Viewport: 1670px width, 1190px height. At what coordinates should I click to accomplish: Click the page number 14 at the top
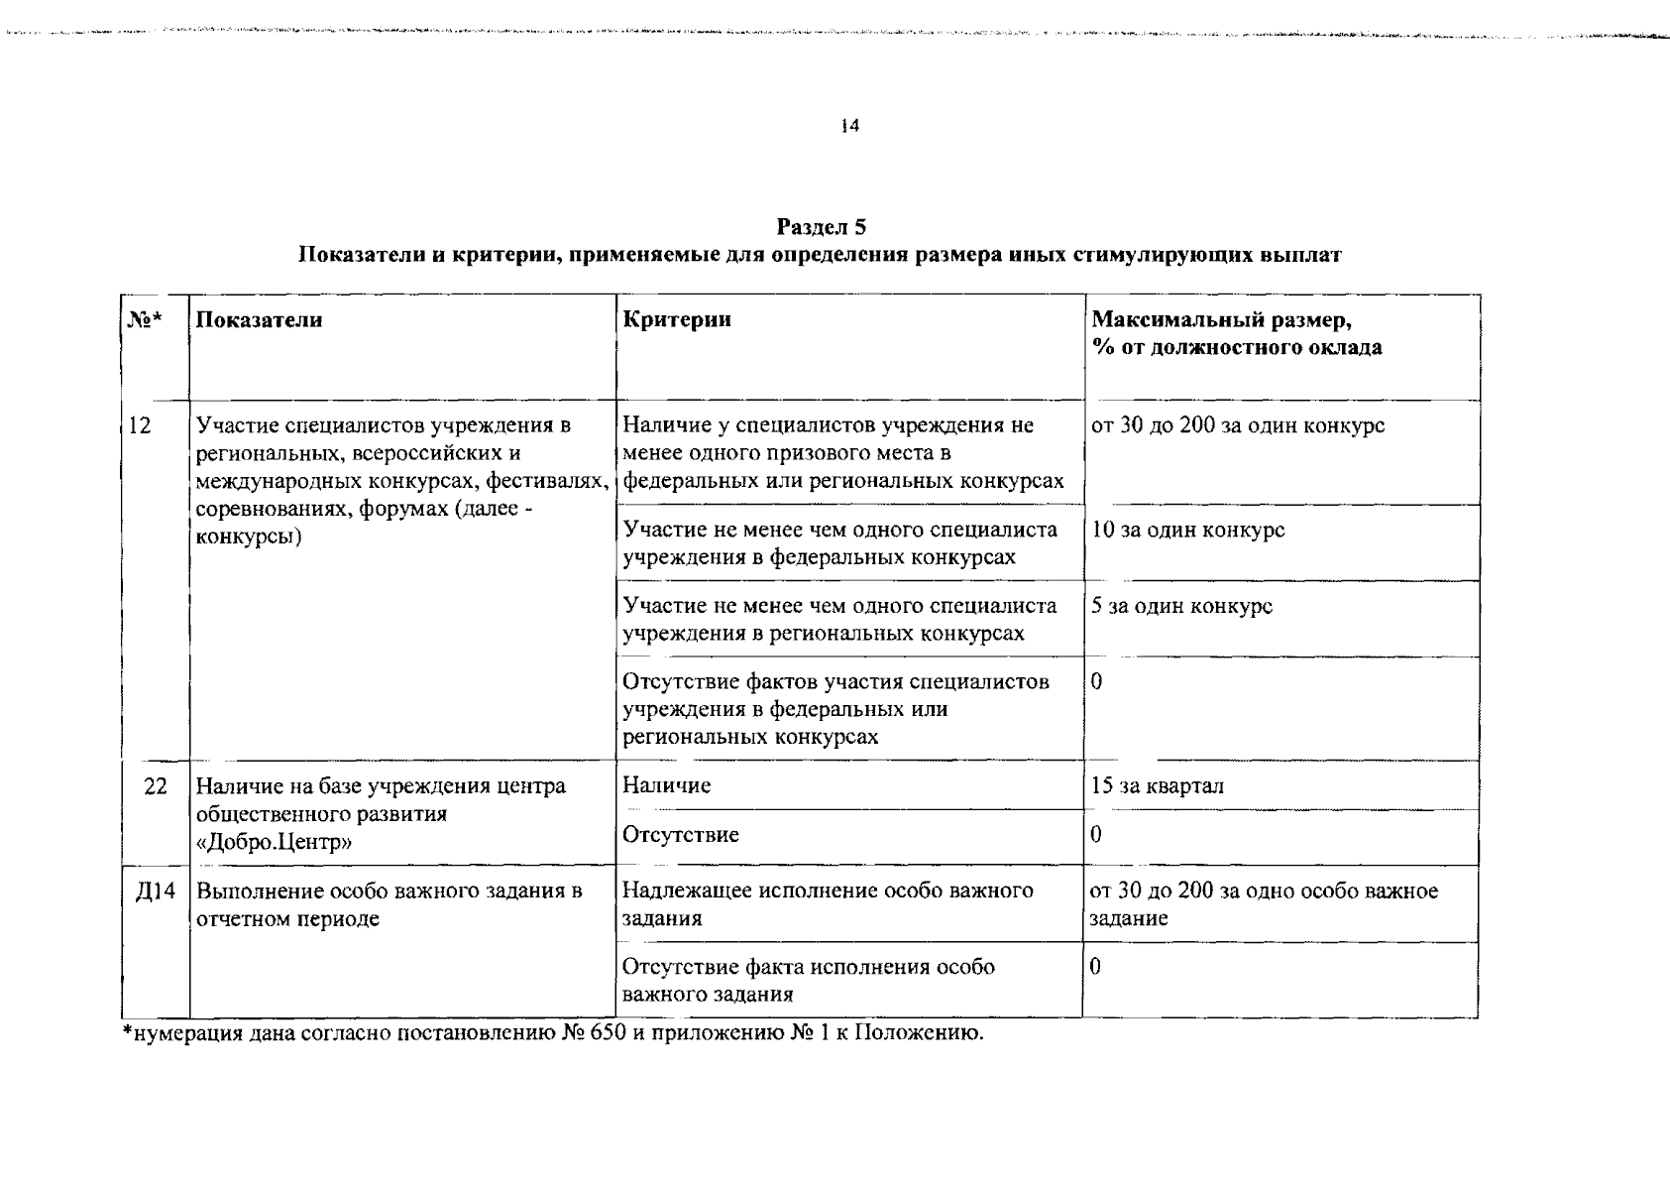(849, 126)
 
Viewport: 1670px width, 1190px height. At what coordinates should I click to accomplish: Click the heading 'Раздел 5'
(822, 227)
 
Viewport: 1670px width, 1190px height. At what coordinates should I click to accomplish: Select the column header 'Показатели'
(259, 319)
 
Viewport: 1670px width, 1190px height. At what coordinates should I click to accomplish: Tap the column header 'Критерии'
(677, 319)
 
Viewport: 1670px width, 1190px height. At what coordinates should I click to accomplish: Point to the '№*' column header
(144, 319)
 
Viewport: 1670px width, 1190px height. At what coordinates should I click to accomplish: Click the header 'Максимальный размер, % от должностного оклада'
(1236, 333)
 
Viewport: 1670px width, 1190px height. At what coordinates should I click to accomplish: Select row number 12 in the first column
(140, 425)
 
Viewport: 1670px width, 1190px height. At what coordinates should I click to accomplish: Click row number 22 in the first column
(156, 786)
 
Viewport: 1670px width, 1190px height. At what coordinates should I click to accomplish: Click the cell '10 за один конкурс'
(1187, 530)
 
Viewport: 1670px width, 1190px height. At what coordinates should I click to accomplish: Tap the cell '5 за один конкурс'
(1181, 606)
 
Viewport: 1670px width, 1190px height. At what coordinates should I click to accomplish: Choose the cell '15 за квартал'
(1157, 786)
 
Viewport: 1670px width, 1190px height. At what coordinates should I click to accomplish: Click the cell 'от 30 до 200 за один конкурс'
(1237, 425)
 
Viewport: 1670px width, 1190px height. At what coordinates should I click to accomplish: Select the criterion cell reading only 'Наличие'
(667, 785)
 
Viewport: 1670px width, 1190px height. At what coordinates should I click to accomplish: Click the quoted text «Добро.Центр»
(275, 842)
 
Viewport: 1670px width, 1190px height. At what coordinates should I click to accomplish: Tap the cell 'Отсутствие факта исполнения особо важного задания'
(808, 980)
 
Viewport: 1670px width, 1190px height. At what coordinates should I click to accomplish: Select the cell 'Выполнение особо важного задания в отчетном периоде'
(389, 904)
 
